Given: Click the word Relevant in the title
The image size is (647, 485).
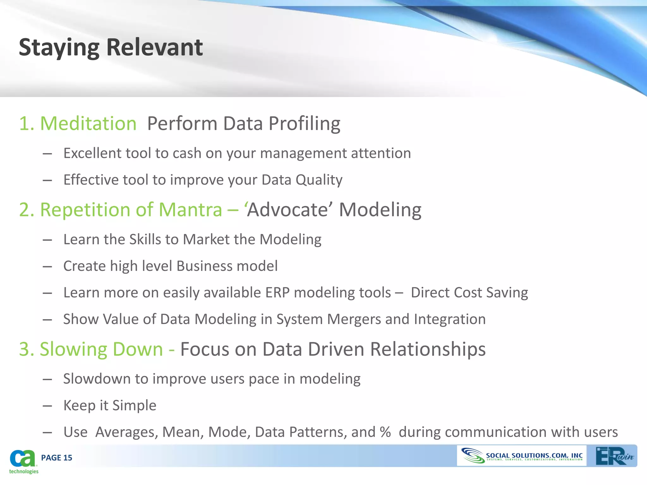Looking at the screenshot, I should [154, 47].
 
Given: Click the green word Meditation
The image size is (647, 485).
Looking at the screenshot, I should [88, 123].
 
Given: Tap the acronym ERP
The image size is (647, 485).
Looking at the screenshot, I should [277, 293].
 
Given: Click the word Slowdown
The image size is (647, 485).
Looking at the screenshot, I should [97, 379].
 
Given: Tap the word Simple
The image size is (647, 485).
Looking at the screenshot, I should [134, 405].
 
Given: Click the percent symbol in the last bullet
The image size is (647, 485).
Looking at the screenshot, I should [385, 432].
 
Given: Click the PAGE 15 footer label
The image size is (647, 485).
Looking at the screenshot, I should [57, 458].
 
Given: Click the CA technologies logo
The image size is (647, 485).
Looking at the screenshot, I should [23, 461].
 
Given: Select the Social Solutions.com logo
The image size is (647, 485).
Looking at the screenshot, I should [522, 456].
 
